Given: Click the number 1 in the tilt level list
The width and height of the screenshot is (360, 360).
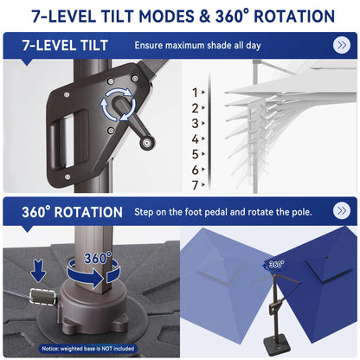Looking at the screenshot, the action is click(196, 93).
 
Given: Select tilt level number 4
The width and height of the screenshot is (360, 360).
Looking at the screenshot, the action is click(196, 139).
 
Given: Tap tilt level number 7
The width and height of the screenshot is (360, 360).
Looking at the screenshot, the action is click(196, 185).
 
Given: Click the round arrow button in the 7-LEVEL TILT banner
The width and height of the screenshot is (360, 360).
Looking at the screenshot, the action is click(342, 45).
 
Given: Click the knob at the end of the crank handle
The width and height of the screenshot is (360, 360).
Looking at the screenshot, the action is click(147, 143).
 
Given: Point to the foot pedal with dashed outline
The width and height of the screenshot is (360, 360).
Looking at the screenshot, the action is click(42, 297).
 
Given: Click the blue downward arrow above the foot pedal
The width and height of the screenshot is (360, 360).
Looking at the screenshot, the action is click(38, 271).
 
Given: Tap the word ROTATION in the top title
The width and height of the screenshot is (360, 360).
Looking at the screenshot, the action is click(294, 16).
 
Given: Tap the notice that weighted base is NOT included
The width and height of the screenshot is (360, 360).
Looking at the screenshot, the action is click(88, 349).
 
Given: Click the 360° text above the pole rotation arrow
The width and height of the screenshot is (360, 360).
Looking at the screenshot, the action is click(98, 258).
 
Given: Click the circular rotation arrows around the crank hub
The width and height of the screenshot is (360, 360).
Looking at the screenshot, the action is click(118, 105).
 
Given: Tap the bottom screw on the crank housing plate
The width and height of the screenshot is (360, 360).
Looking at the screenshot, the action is click(67, 177).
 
